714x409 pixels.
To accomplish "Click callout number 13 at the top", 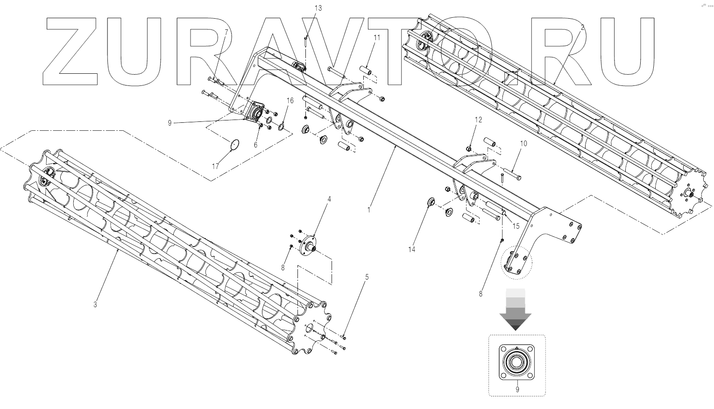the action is tap(318, 8).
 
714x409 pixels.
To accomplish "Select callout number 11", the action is tap(376, 37).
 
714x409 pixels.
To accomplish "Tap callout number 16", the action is tap(290, 101).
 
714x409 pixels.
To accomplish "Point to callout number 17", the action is tap(215, 166).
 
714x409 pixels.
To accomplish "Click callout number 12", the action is tap(478, 120).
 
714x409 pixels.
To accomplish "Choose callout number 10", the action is tap(523, 144).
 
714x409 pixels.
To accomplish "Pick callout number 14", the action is tap(411, 250).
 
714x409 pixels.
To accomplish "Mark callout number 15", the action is tap(516, 226).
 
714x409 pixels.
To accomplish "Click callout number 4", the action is tap(329, 199).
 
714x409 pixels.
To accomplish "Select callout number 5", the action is tap(367, 277).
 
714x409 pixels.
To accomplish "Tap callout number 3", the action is tap(95, 305).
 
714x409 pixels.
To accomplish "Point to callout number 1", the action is tap(368, 210).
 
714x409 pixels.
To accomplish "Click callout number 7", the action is tap(226, 32).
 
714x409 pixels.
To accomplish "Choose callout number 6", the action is tap(255, 145).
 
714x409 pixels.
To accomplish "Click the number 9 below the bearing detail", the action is tap(517, 388).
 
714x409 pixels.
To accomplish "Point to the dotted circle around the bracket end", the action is tap(516, 264).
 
